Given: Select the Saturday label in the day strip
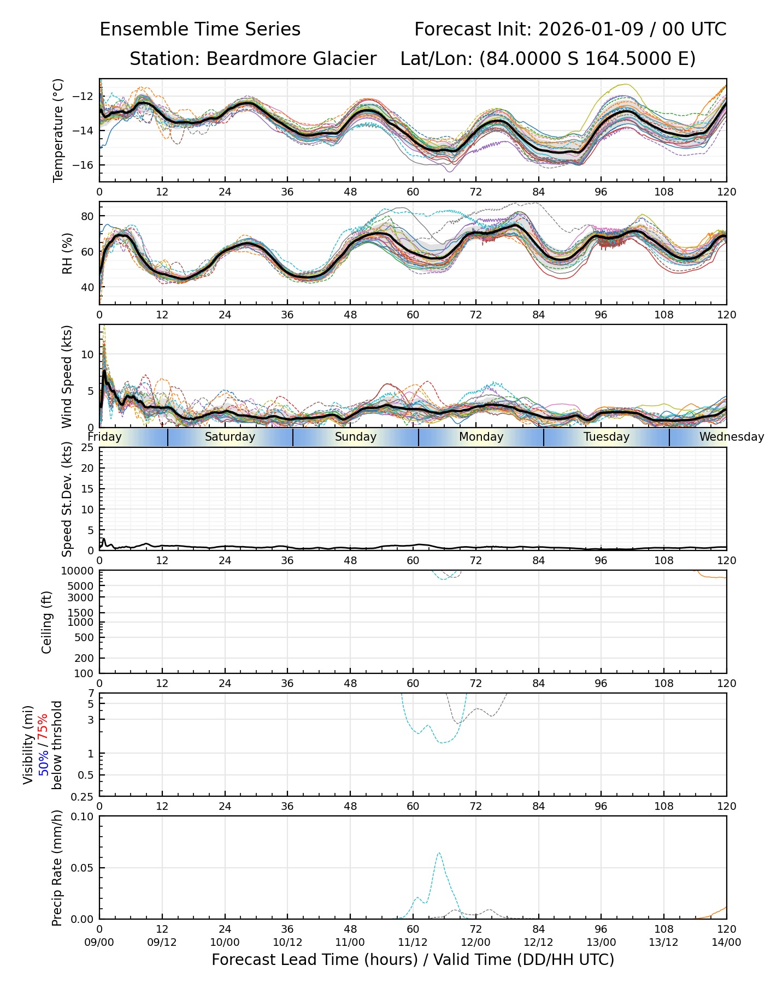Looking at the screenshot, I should coord(230,437).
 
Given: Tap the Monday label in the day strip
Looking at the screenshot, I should coord(481,437).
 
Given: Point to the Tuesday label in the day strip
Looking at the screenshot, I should coord(607,437).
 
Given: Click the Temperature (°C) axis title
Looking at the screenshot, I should coord(58,130).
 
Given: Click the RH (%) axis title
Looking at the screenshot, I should coord(67,253).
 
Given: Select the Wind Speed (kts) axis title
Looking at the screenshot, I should coord(67,376).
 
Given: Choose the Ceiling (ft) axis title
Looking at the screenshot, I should coord(47,622).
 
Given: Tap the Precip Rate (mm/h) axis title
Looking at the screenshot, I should coord(57,868).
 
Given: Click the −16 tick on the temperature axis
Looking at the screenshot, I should coord(86,165).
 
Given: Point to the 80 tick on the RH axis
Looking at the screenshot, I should coord(87,216).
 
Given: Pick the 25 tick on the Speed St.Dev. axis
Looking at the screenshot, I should coord(87,448).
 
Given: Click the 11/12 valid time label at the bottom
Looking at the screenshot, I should coord(413,942).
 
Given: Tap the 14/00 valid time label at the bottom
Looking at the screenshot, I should coord(726,942).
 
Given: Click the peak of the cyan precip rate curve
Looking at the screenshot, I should coord(439,853).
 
